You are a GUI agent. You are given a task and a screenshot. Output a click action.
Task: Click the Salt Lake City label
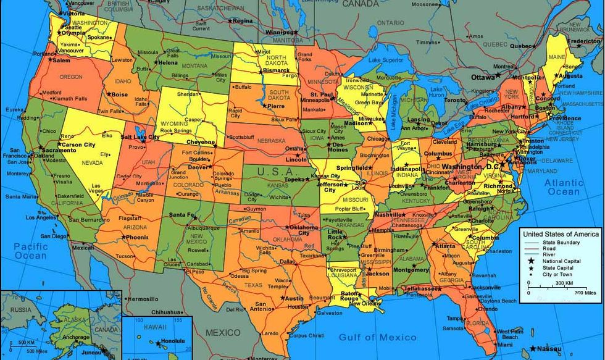[141, 136]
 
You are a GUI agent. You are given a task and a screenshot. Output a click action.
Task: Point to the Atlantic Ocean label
[564, 187]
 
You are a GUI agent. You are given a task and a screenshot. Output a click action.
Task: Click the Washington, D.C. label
[471, 167]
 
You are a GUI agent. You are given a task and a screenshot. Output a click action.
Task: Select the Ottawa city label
[483, 78]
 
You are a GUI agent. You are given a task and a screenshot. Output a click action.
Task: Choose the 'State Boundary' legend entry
[557, 243]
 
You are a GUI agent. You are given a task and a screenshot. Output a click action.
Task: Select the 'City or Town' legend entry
[557, 274]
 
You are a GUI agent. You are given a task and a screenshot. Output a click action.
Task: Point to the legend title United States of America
[561, 234]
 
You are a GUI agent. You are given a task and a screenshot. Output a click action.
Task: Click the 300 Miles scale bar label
[585, 292]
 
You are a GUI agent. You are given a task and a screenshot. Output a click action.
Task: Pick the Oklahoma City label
[304, 229]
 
